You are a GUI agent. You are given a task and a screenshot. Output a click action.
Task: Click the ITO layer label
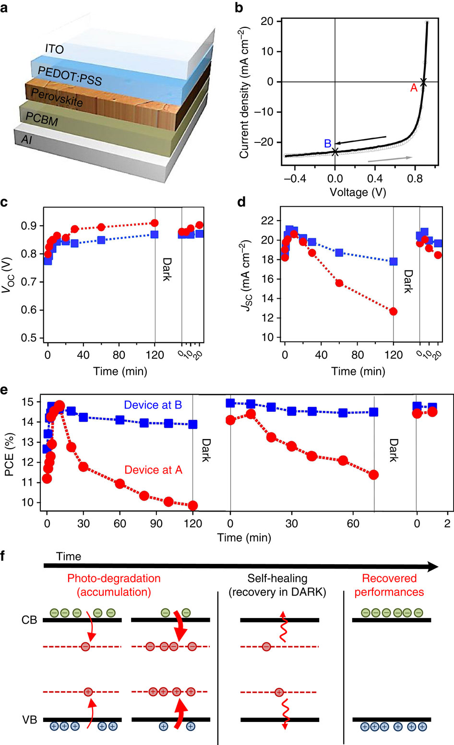coord(54,48)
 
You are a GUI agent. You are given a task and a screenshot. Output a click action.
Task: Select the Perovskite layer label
coord(57,97)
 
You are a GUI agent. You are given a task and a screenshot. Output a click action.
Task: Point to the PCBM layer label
coord(42,119)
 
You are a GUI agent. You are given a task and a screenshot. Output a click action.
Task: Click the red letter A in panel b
coord(414,88)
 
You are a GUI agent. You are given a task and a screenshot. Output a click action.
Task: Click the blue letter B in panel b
coord(328,143)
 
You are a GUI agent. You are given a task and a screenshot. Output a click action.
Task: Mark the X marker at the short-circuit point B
coord(335,151)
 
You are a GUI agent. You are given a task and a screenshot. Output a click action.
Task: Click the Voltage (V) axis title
coord(358,192)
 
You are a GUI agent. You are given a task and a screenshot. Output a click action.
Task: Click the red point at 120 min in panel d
coord(394,311)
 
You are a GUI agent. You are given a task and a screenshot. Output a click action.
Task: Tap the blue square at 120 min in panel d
coord(394,261)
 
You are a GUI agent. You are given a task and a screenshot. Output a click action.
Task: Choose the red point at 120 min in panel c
coord(155,223)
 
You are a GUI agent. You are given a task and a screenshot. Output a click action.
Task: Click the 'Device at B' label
coord(153,405)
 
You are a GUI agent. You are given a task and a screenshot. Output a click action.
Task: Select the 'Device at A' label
coord(153,470)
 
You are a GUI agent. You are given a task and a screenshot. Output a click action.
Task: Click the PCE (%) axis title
coord(10,454)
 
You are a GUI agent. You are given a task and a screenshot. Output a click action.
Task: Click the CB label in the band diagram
coord(29,620)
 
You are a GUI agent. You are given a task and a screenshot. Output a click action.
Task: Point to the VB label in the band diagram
coord(29,720)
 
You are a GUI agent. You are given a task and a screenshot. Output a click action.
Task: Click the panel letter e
coord(4,390)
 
